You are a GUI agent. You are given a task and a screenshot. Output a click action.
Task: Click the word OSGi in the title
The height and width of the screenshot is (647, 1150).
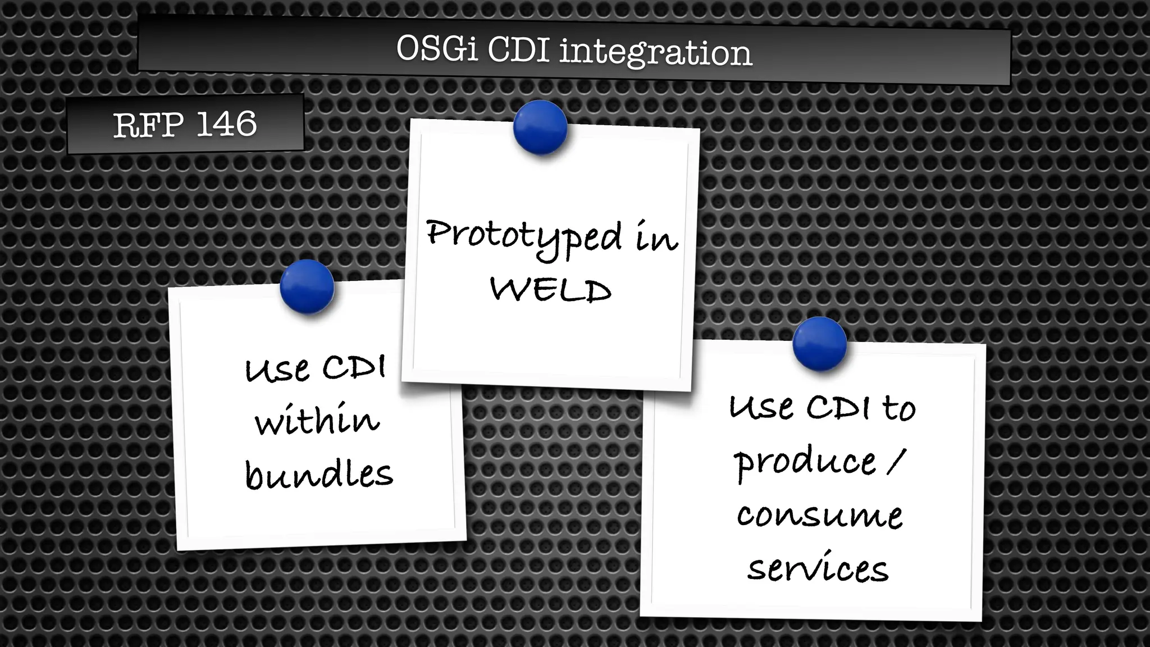pyautogui.click(x=437, y=49)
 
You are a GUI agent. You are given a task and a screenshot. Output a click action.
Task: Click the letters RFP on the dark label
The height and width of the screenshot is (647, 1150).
pyautogui.click(x=148, y=125)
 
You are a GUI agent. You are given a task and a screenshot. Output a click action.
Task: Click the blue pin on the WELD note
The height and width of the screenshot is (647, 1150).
pyautogui.click(x=540, y=127)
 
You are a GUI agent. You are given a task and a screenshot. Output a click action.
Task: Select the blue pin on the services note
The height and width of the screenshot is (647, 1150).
pyautogui.click(x=819, y=343)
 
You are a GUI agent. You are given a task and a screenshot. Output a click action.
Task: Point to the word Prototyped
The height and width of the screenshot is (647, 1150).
pyautogui.click(x=524, y=236)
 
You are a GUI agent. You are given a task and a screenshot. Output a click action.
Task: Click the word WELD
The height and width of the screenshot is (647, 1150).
pyautogui.click(x=551, y=290)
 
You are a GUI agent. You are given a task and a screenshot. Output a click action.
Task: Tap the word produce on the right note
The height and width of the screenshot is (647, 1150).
pyautogui.click(x=805, y=463)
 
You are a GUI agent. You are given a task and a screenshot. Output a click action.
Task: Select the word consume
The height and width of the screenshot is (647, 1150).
pyautogui.click(x=819, y=515)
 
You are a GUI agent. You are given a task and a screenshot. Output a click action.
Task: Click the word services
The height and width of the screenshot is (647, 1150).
pyautogui.click(x=818, y=568)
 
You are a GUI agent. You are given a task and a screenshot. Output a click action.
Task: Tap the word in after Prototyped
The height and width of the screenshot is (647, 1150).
pyautogui.click(x=656, y=238)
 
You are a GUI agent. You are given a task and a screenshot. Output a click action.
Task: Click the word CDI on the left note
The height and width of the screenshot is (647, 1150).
pyautogui.click(x=354, y=368)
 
